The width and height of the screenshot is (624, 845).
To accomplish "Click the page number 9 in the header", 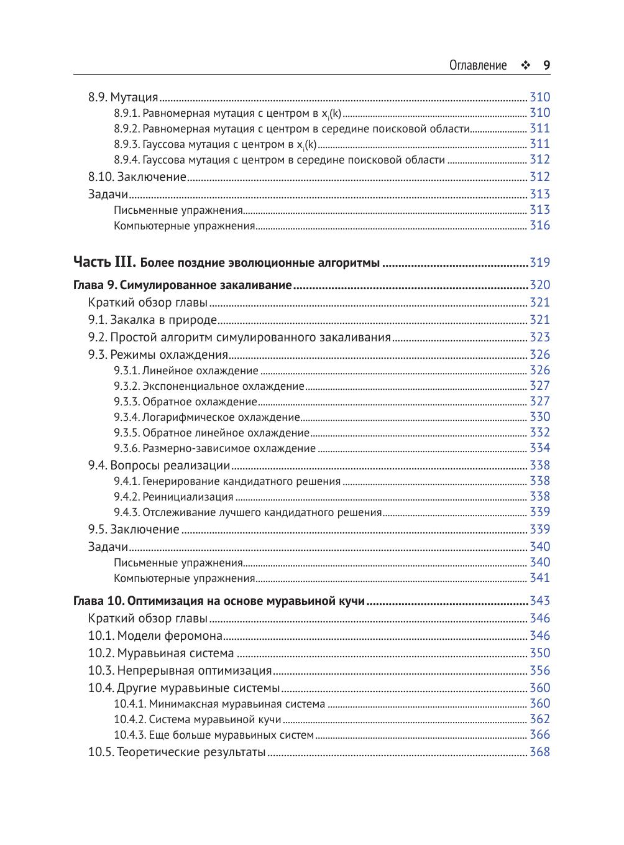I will [x=546, y=65].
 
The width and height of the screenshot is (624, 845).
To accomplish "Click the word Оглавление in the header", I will [x=478, y=65].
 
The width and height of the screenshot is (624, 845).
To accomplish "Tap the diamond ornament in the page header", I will [x=525, y=65].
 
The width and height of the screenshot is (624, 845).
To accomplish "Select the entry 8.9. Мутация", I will [x=123, y=97].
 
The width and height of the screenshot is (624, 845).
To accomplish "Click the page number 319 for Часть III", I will [x=539, y=262].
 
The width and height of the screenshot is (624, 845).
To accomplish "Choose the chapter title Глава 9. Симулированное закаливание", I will [x=183, y=285].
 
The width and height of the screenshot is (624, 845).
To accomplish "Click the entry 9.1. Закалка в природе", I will [x=152, y=320].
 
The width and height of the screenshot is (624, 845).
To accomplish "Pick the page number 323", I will [x=539, y=337].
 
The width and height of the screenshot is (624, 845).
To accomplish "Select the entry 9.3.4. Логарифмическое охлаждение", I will [x=207, y=417].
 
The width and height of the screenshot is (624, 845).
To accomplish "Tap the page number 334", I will [x=539, y=448].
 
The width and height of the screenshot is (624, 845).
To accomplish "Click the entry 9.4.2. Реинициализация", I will [x=173, y=497].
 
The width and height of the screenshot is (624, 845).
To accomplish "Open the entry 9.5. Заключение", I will [x=134, y=530].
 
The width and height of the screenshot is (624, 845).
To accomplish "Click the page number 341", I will [x=539, y=578].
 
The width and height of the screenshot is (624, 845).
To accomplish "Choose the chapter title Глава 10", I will [x=219, y=601].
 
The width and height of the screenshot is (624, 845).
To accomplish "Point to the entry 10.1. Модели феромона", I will [x=155, y=635].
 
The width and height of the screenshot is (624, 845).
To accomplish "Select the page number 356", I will [x=539, y=670].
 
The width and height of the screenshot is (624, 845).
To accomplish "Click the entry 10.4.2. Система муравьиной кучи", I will [x=197, y=719].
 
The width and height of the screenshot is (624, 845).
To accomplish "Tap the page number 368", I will [x=539, y=752].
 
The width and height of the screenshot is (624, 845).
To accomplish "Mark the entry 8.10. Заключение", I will [x=137, y=177].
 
